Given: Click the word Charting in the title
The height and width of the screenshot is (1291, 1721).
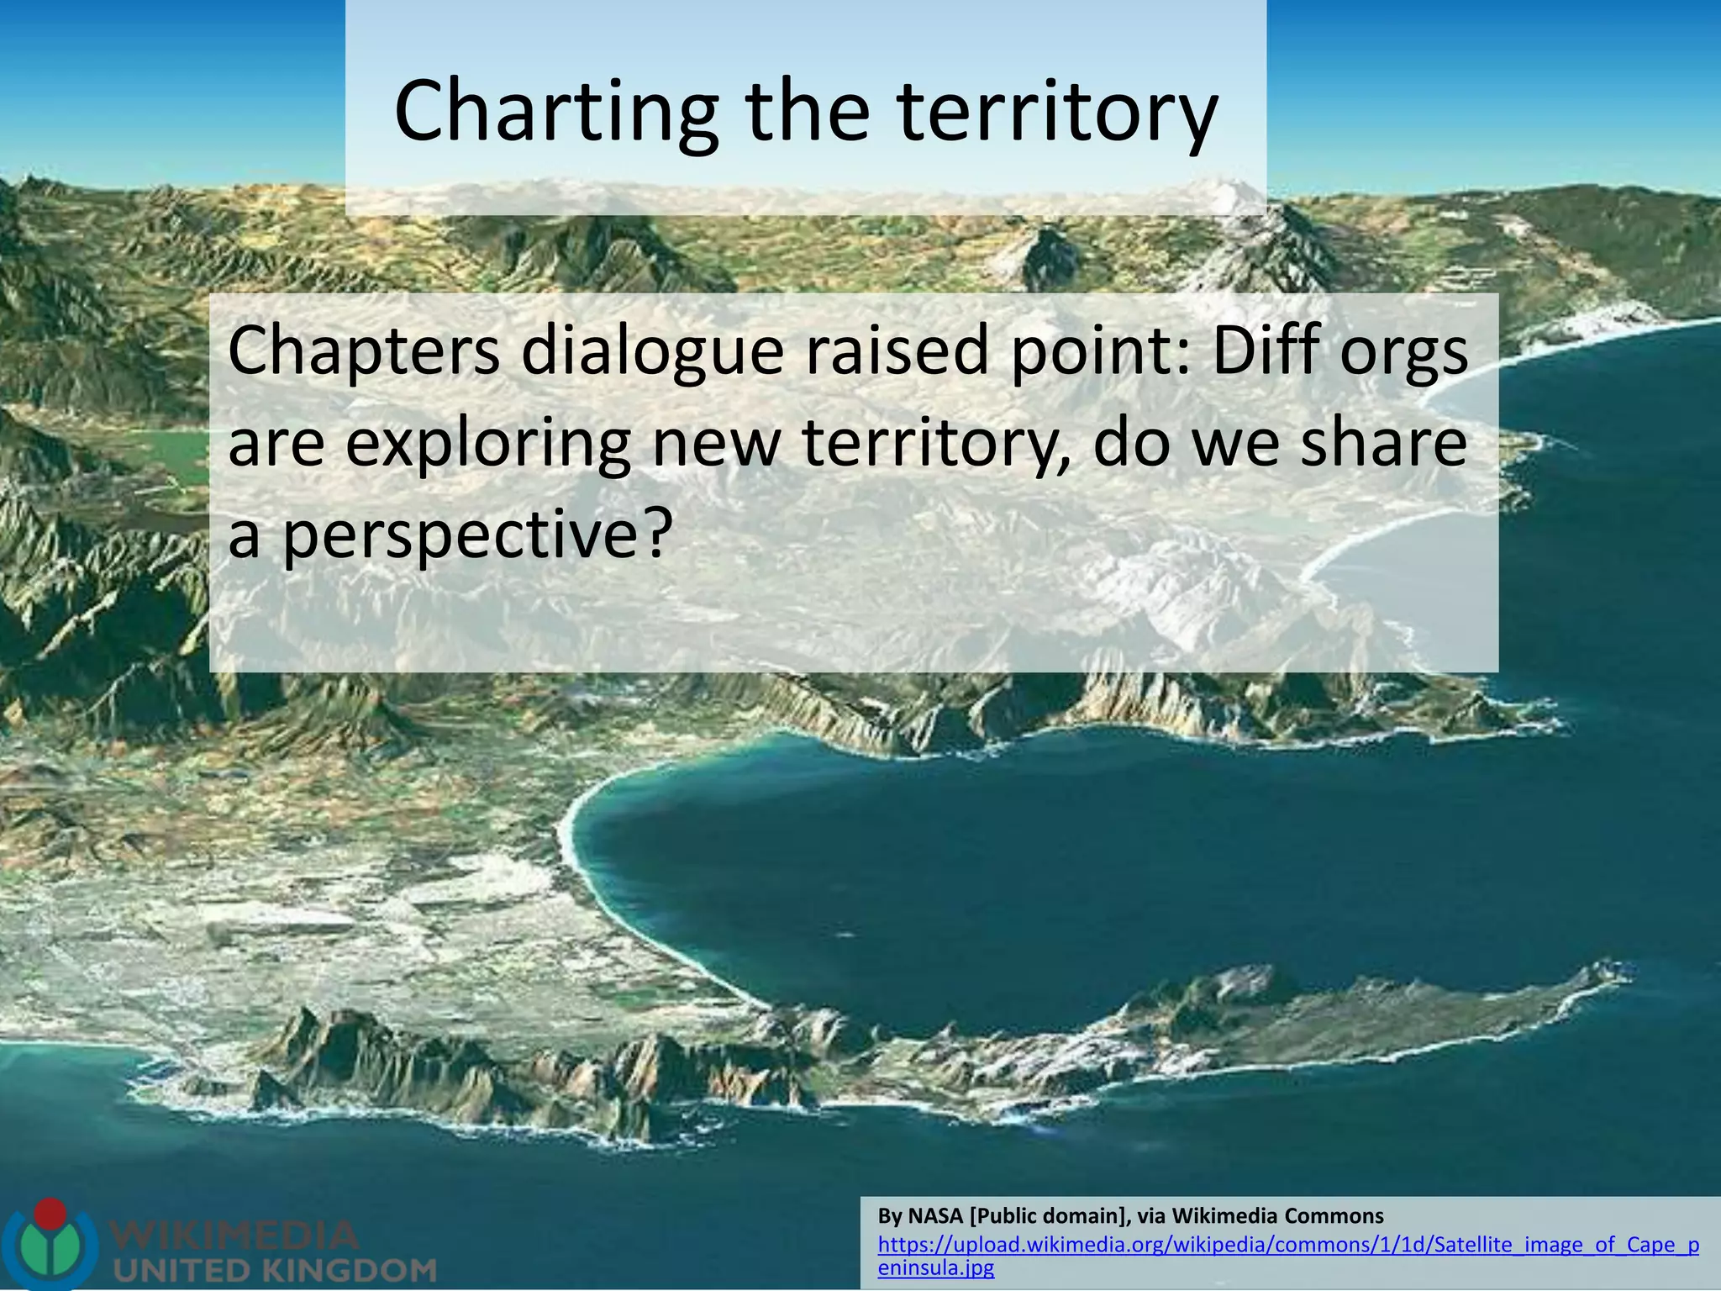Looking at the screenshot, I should [555, 112].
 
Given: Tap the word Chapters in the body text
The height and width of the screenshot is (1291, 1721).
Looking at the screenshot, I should [363, 350].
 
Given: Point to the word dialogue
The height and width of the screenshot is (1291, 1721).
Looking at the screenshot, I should [652, 350].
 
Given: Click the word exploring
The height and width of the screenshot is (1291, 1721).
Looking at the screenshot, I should [487, 443].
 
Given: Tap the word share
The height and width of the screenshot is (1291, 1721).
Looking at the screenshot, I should [1383, 443].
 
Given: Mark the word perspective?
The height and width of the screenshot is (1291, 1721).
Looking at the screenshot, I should [475, 535].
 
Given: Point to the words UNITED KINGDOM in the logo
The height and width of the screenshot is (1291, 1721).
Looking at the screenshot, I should [274, 1269].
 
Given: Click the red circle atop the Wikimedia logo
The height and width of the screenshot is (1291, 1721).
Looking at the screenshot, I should [52, 1213].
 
